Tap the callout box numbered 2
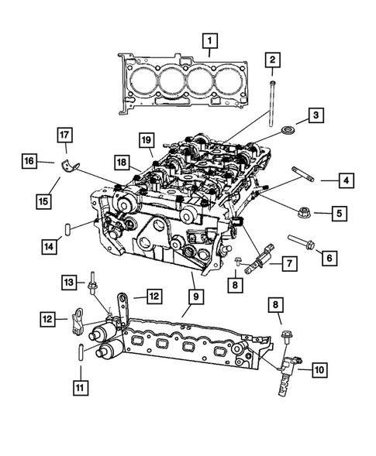pos(271,60)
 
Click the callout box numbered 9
pos(191,294)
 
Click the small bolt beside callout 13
pos(93,286)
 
